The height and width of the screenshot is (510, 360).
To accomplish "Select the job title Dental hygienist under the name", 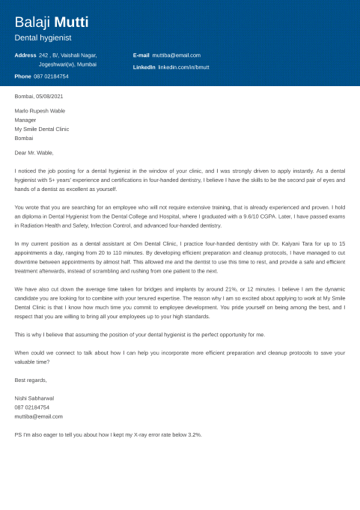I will [43, 37].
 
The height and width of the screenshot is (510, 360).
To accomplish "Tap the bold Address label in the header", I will [25, 55].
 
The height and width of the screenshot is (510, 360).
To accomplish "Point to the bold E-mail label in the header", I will [141, 55].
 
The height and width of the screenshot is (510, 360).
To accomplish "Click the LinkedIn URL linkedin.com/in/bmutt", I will [183, 67].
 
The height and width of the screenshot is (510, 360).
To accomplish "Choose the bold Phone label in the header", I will [22, 76].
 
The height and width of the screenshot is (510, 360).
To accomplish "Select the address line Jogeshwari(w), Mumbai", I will [67, 64].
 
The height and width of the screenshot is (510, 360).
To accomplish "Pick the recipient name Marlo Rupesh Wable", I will [40, 111].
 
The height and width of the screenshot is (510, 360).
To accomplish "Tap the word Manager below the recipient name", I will [25, 120].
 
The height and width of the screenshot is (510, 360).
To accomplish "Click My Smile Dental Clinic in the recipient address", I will [42, 129].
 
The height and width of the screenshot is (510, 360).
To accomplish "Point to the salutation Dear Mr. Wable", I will [34, 153].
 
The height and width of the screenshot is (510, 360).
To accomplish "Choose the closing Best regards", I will [31, 380].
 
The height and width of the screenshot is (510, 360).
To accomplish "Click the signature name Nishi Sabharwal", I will [34, 398].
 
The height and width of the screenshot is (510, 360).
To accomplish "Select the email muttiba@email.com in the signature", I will [38, 416].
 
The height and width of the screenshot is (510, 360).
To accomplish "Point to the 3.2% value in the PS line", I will [194, 434].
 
